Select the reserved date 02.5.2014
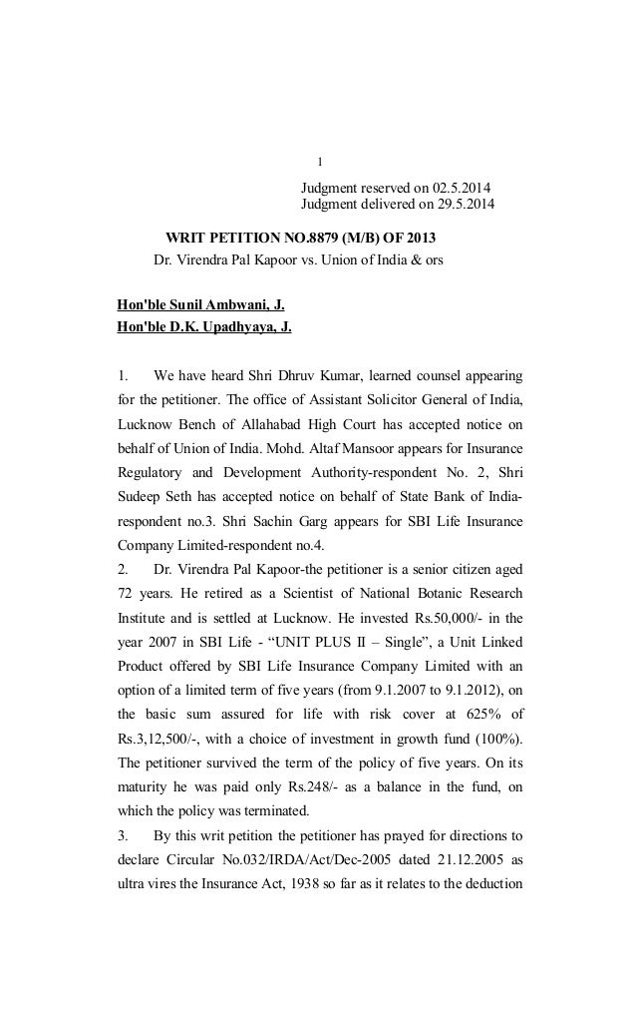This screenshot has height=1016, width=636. click(x=461, y=189)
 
